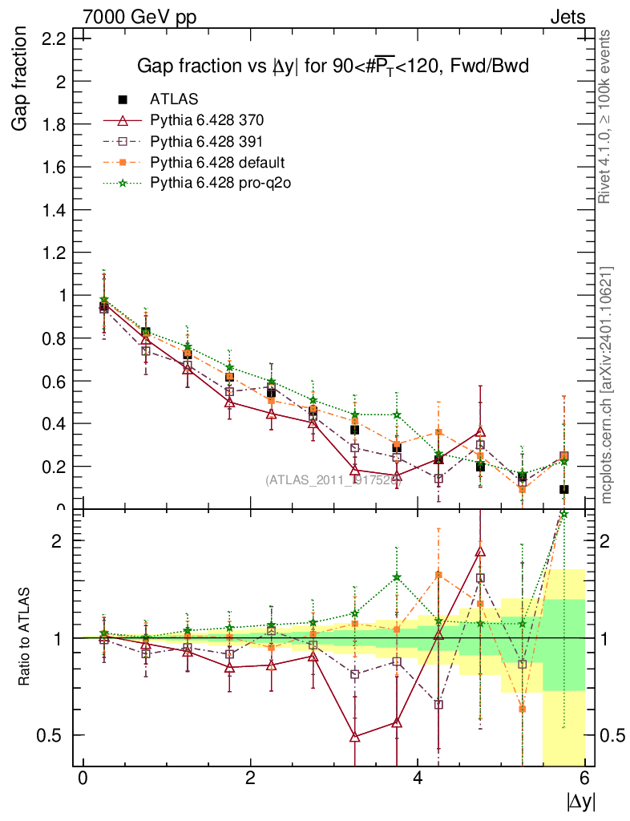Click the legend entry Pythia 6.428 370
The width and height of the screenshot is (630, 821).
point(207,121)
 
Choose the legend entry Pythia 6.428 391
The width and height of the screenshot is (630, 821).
point(207,142)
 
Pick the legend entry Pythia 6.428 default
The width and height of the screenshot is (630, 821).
point(217,163)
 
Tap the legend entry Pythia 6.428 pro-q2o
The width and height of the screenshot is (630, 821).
point(220,184)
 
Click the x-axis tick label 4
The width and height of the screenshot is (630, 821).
point(418,779)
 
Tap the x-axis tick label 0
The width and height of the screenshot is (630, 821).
point(83,779)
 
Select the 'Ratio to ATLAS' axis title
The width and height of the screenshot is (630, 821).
point(26,637)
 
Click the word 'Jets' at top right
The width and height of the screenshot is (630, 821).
point(567,16)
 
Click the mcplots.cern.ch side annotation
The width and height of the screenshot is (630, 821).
point(606,384)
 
